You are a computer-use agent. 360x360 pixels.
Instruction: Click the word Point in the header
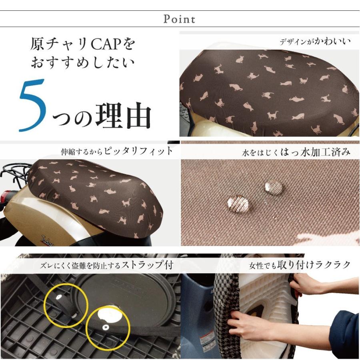click(x=180, y=19)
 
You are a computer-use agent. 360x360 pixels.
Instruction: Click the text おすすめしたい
click(x=82, y=63)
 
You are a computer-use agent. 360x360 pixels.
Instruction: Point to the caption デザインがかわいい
click(x=315, y=41)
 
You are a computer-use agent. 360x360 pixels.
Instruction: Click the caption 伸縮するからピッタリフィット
click(x=117, y=151)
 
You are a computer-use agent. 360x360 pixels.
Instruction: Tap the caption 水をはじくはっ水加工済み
click(x=296, y=152)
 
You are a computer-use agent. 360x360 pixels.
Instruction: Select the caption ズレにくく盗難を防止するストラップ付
click(x=103, y=265)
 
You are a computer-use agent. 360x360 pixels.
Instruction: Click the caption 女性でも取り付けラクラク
click(x=300, y=265)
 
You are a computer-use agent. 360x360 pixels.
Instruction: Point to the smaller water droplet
click(x=274, y=187)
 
